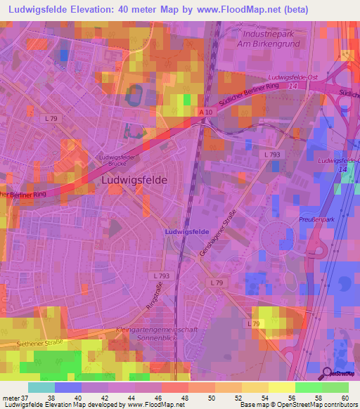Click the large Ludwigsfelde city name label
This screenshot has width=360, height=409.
(134, 179)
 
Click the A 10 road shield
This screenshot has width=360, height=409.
(205, 112)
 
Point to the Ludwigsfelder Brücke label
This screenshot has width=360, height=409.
(117, 160)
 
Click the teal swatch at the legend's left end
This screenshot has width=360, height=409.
(41, 387)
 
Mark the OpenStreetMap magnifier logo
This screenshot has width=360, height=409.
(327, 373)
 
